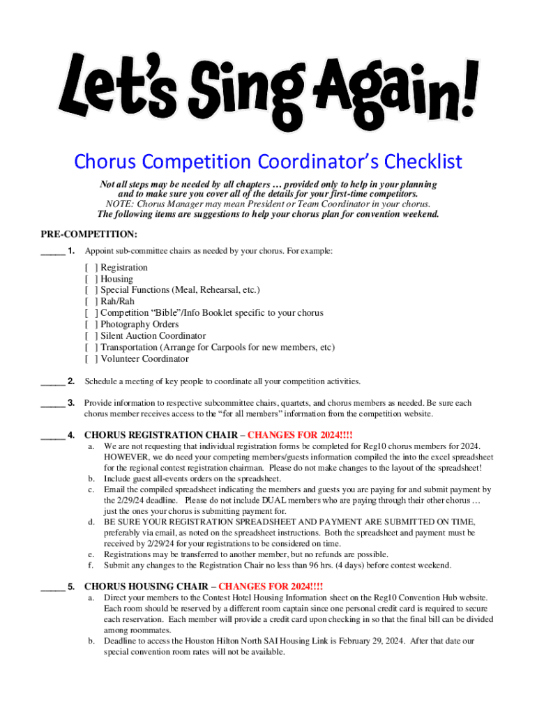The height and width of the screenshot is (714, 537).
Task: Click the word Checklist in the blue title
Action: [x=421, y=162]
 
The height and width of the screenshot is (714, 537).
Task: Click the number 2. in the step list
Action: [x=71, y=381]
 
